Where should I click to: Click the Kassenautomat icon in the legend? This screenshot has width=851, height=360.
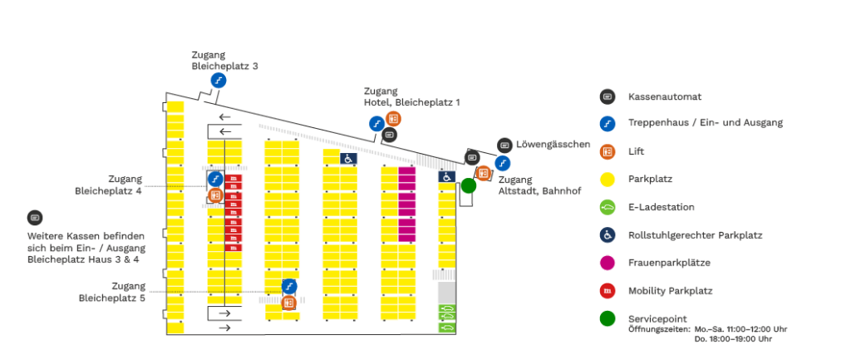607,96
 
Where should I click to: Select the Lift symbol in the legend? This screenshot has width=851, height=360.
607,151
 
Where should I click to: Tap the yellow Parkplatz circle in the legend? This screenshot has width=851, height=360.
607,179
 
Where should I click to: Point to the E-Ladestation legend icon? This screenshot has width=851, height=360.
607,207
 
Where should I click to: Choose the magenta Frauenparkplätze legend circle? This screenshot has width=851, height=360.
607,263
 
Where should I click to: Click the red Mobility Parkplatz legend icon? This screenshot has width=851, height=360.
607,290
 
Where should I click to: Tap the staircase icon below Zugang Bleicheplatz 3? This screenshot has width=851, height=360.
219,81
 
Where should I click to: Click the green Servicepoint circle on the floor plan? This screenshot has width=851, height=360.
469,185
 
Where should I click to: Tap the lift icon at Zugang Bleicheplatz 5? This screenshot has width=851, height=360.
289,303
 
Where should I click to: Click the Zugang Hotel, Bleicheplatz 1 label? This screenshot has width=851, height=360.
411,96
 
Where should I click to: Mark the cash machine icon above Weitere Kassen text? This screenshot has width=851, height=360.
35,218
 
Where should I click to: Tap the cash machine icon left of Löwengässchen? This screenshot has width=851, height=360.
504,145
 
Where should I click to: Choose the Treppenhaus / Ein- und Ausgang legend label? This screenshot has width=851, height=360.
706,123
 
